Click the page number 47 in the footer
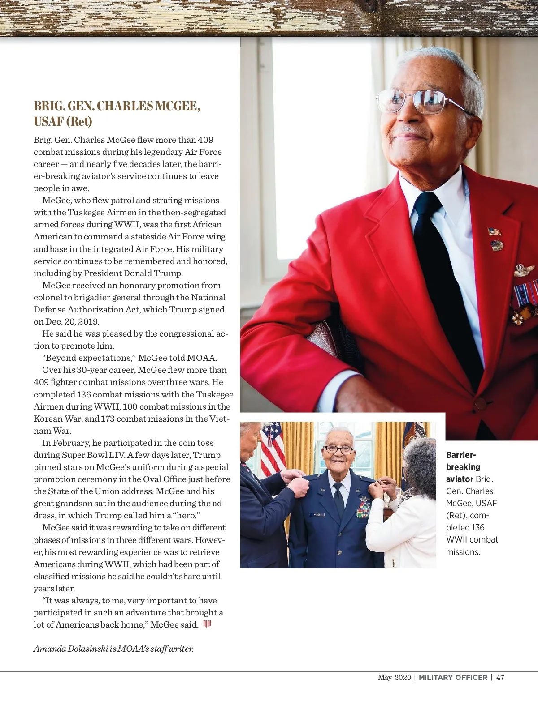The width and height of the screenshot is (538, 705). pos(500,677)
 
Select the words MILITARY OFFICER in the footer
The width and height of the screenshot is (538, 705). pos(453,677)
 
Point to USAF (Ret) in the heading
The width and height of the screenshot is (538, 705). pos(63,121)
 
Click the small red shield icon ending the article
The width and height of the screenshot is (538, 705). pos(207,624)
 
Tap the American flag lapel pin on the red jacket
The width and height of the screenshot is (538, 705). pos(495,232)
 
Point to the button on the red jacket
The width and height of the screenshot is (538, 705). pos(480,402)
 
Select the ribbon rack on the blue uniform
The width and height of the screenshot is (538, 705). pos(364,509)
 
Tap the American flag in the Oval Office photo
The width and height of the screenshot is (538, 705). pos(273,448)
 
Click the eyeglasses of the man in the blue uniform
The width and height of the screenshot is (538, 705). pos(338,449)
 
